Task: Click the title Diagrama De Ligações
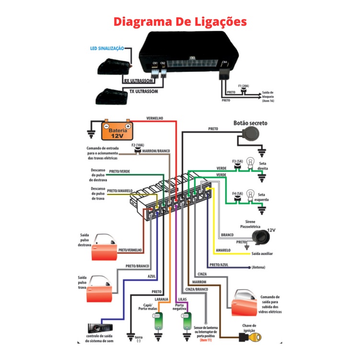[x=180, y=22]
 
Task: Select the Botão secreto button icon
[x=250, y=135]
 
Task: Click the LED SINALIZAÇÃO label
[x=107, y=49]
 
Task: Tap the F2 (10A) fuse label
[x=138, y=145]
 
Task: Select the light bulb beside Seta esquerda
[x=249, y=196]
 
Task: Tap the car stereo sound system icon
[x=102, y=328]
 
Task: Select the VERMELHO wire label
[x=154, y=118]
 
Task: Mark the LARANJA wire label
[x=161, y=300]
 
